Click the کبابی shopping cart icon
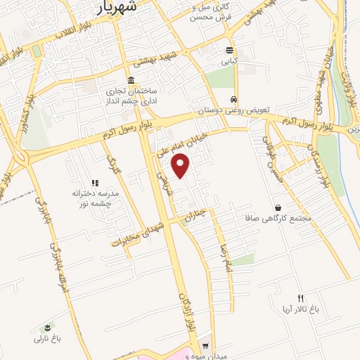tap(230, 50)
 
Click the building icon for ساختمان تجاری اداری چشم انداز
tap(131, 79)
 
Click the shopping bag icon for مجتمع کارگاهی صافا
tap(279, 208)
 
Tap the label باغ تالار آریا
tap(301, 309)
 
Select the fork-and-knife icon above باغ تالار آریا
tap(301, 298)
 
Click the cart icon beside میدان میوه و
tap(205, 345)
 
